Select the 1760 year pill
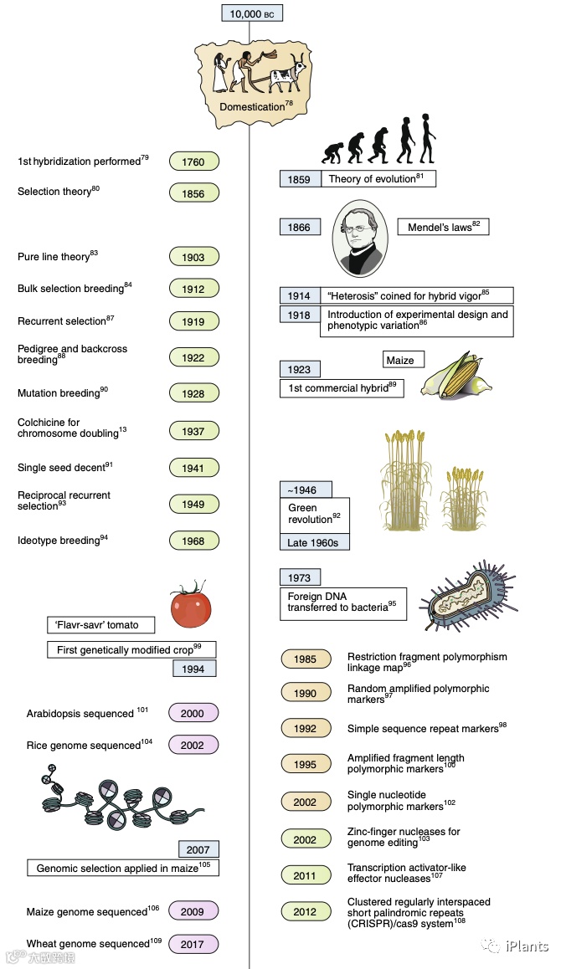click(x=193, y=161)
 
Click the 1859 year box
click(x=299, y=179)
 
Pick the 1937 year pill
click(x=193, y=431)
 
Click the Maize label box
click(x=400, y=360)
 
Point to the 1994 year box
click(x=193, y=668)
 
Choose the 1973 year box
click(x=299, y=577)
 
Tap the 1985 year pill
click(x=306, y=659)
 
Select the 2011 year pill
click(x=306, y=875)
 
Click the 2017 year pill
click(x=193, y=945)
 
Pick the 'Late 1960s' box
click(x=314, y=542)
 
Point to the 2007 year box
click(x=198, y=849)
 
